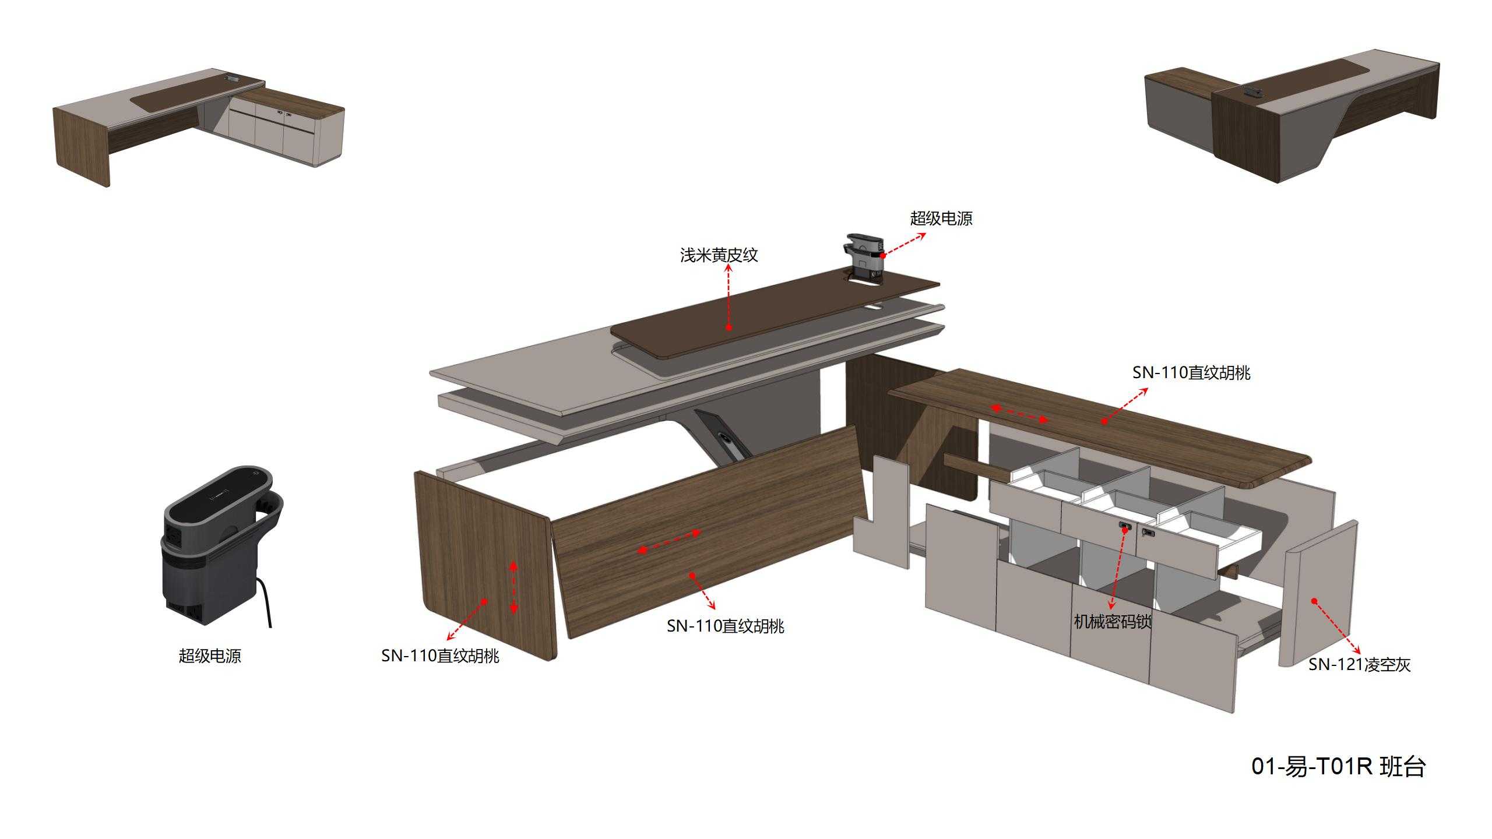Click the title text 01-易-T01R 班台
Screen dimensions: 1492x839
(1338, 766)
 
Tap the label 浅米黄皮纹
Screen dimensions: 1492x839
(719, 255)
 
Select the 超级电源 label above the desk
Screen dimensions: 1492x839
(941, 218)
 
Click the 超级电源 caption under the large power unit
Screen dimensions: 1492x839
(210, 656)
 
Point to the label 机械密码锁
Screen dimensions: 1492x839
(1113, 622)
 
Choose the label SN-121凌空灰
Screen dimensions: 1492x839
(1359, 665)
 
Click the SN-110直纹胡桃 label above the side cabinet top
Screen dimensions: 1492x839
(1191, 373)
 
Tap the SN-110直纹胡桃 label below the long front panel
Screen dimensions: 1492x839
(726, 626)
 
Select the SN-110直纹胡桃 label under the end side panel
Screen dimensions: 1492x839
(440, 656)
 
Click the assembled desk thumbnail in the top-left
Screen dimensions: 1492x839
(199, 126)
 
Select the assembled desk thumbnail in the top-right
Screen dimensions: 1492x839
(1292, 115)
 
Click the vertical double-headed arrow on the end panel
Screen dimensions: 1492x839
(513, 587)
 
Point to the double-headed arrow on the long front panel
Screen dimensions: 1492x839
(669, 541)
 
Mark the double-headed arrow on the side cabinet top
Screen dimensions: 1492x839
(1019, 414)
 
